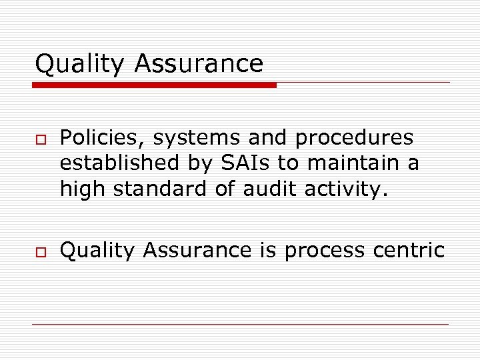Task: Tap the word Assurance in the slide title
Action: pyautogui.click(x=199, y=64)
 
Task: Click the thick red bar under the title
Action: pyautogui.click(x=155, y=85)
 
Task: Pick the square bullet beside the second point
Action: pyautogui.click(x=39, y=251)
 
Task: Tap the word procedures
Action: pyautogui.click(x=354, y=138)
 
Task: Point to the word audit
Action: pyautogui.click(x=269, y=189)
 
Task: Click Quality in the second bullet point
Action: pyautogui.click(x=97, y=251)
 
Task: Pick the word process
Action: pyautogui.click(x=324, y=251)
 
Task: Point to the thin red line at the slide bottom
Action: pyautogui.click(x=240, y=325)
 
